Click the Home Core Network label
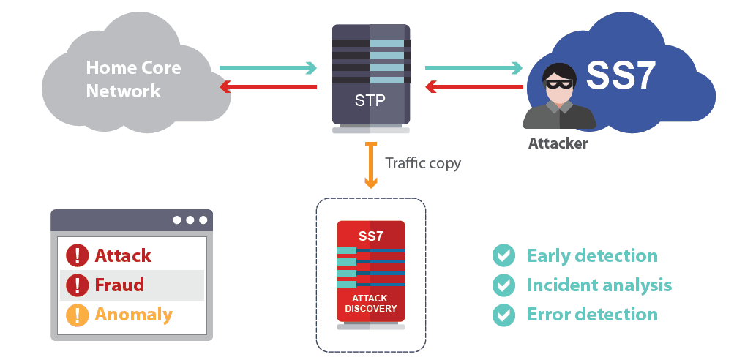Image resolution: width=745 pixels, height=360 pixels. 133,80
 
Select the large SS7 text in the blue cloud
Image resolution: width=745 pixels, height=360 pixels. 621,75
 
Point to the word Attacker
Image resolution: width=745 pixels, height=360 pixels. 558,143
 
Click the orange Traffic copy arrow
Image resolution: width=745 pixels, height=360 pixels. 371,165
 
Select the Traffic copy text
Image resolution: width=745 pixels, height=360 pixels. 423,162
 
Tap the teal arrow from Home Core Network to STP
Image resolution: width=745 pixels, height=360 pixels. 268,69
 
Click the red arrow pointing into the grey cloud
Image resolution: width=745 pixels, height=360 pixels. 268,88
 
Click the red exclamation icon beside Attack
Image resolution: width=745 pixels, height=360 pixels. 77,255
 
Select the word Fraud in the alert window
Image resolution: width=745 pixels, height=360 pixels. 119,285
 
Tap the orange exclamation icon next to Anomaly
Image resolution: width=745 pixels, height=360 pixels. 77,315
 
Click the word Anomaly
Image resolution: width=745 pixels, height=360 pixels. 133,315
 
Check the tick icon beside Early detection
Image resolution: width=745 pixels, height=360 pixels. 503,255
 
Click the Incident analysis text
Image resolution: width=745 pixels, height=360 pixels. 599,285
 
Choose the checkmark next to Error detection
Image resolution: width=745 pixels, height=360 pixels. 503,315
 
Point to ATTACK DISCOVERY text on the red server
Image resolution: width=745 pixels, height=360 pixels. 370,303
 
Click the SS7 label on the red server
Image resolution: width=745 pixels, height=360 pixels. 370,236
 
